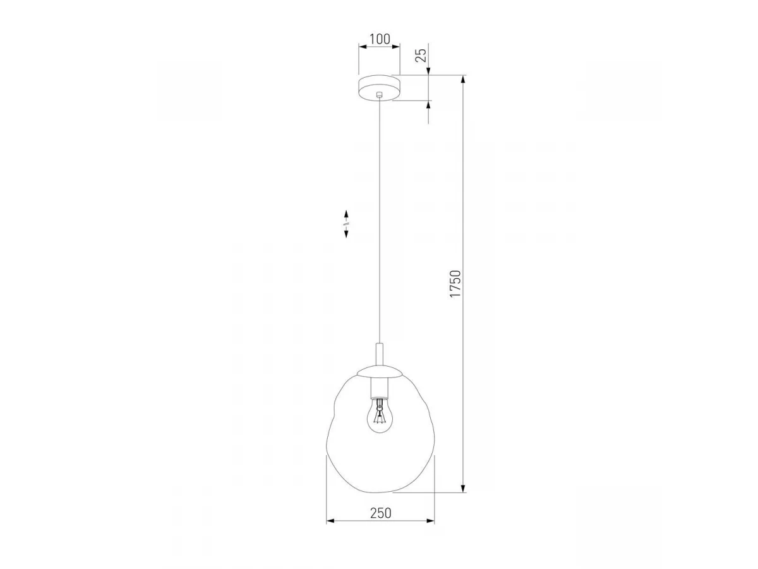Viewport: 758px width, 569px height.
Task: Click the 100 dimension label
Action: click(x=380, y=39)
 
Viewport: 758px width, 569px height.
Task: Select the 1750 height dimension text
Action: click(x=455, y=284)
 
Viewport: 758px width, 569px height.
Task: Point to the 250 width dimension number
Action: click(x=381, y=513)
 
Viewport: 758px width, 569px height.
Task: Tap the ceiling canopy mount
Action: click(x=380, y=88)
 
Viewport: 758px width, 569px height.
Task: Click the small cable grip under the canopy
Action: click(x=380, y=94)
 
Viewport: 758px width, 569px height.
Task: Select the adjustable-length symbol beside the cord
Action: click(x=346, y=224)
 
